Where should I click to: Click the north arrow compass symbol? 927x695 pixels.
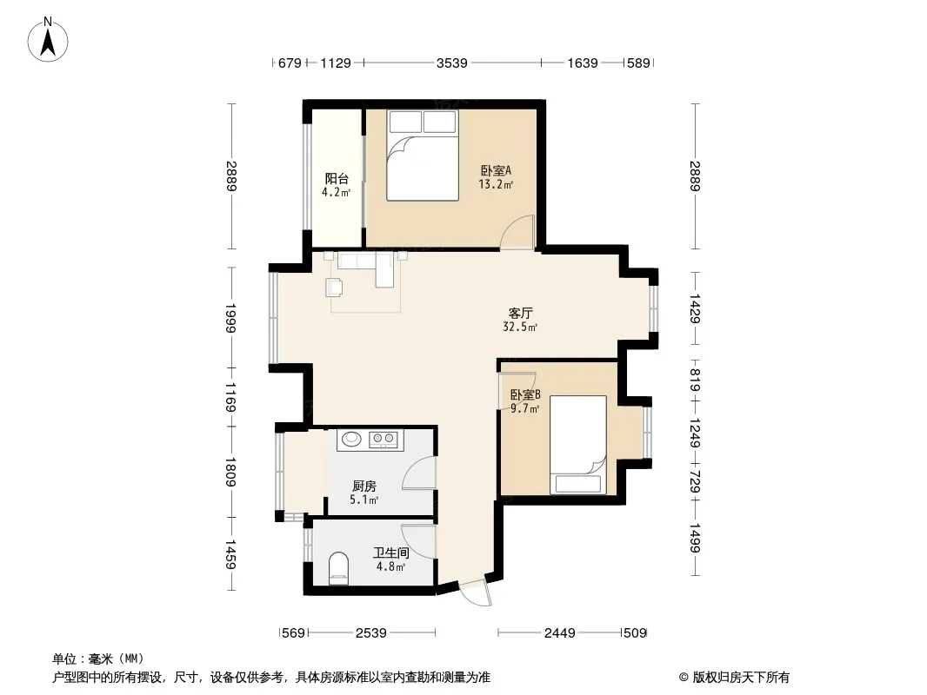pyautogui.click(x=48, y=40)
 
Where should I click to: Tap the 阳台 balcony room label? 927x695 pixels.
pyautogui.click(x=337, y=178)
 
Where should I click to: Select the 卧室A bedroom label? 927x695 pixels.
pyautogui.click(x=496, y=170)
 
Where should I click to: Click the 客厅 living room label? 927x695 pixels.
pyautogui.click(x=520, y=313)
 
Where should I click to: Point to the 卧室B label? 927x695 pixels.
pyautogui.click(x=525, y=394)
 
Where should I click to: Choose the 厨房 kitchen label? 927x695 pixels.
pyautogui.click(x=363, y=486)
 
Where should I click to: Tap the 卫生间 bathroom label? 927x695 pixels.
pyautogui.click(x=390, y=553)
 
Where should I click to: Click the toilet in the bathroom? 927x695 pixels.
pyautogui.click(x=339, y=568)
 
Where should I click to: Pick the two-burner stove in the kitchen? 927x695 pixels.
pyautogui.click(x=383, y=439)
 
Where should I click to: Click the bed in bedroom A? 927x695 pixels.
pyautogui.click(x=423, y=156)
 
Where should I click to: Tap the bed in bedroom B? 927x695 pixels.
pyautogui.click(x=578, y=445)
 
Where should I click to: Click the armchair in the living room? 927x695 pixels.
pyautogui.click(x=334, y=288)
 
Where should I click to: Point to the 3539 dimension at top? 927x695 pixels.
pyautogui.click(x=451, y=63)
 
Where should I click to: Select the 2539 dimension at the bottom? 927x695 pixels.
pyautogui.click(x=370, y=633)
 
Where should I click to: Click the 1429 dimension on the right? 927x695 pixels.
pyautogui.click(x=695, y=308)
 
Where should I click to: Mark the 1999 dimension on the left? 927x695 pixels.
pyautogui.click(x=230, y=318)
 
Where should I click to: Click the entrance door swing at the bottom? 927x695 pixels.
pyautogui.click(x=477, y=593)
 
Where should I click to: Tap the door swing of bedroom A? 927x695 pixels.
pyautogui.click(x=517, y=232)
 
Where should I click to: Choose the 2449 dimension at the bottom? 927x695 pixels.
pyautogui.click(x=559, y=633)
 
